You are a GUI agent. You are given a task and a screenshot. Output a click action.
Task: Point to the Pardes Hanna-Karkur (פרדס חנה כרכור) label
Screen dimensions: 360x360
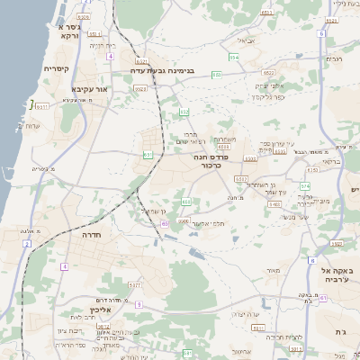(220, 161)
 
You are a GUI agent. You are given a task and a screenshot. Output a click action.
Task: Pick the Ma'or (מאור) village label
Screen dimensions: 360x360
(274, 269)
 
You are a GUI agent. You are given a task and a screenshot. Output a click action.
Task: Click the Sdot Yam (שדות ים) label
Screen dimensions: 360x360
(33, 124)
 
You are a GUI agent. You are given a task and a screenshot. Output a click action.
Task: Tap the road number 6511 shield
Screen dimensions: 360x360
(43, 106)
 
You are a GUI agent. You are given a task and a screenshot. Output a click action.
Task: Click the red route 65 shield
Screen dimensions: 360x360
(165, 222)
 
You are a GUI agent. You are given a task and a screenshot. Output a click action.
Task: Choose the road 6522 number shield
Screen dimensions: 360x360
(268, 72)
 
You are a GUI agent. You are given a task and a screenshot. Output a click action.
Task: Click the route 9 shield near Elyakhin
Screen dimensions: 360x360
(140, 304)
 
